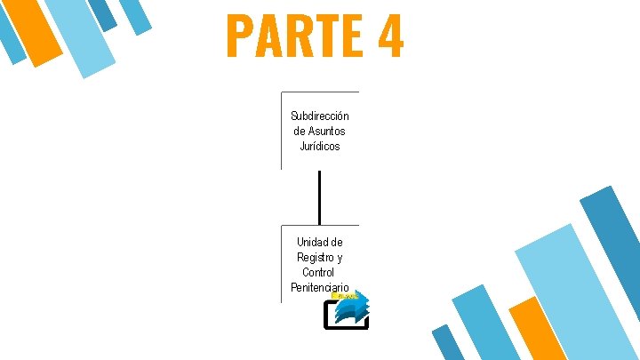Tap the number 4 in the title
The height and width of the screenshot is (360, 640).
(x=389, y=36)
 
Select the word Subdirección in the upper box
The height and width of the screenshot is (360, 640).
(x=320, y=116)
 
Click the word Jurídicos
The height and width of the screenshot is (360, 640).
(x=320, y=147)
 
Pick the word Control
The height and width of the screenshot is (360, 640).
(x=318, y=272)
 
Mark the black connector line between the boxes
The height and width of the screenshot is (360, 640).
(x=318, y=196)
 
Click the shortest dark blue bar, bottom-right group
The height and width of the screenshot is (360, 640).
(x=447, y=342)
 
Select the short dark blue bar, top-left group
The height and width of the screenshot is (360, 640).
(x=103, y=13)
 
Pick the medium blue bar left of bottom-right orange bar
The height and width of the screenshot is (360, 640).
(x=486, y=324)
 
